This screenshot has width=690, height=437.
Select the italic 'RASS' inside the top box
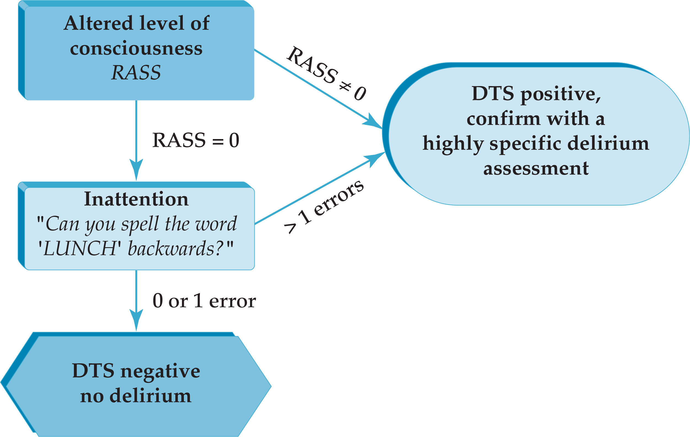point(136,72)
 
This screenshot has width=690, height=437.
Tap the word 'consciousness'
point(136,48)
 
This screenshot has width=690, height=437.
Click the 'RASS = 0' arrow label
point(196,140)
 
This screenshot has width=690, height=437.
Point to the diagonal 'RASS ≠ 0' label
point(327,73)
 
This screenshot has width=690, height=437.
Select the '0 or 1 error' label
point(204,301)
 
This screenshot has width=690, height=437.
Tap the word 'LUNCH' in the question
point(79,248)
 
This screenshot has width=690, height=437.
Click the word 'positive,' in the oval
point(560,94)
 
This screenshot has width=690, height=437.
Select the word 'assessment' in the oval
point(536,168)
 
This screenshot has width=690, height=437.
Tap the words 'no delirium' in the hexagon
point(136,396)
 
